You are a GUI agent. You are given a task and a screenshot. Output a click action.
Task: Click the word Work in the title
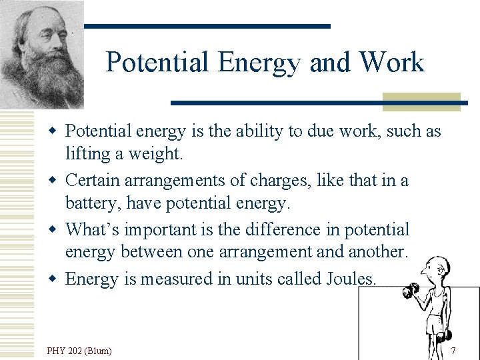coord(391,63)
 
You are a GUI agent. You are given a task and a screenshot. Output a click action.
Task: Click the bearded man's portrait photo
coord(41,55)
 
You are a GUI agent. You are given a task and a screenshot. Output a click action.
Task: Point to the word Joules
coord(351,279)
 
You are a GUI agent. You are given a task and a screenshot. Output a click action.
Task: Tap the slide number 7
coord(453,351)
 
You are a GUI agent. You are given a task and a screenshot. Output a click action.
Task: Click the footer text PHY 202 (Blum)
coord(79,351)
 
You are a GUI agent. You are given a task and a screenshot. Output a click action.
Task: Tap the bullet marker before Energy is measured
coord(57,279)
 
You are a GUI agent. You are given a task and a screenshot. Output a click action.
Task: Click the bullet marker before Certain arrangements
coord(57,180)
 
